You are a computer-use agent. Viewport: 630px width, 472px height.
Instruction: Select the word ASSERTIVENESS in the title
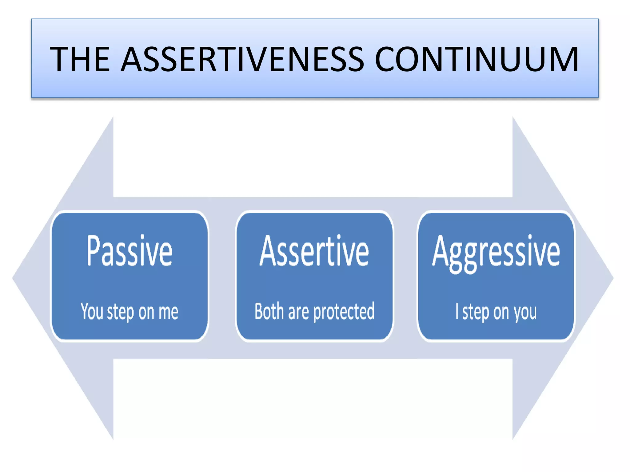point(242,59)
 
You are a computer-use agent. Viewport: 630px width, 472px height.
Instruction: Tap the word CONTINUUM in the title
point(476,59)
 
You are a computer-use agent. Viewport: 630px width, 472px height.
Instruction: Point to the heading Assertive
point(314,251)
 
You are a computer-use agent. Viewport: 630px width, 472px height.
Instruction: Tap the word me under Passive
point(168,312)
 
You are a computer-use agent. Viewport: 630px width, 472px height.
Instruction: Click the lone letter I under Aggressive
point(457,311)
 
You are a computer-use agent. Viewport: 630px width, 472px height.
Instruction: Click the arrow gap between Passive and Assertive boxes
point(222,277)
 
